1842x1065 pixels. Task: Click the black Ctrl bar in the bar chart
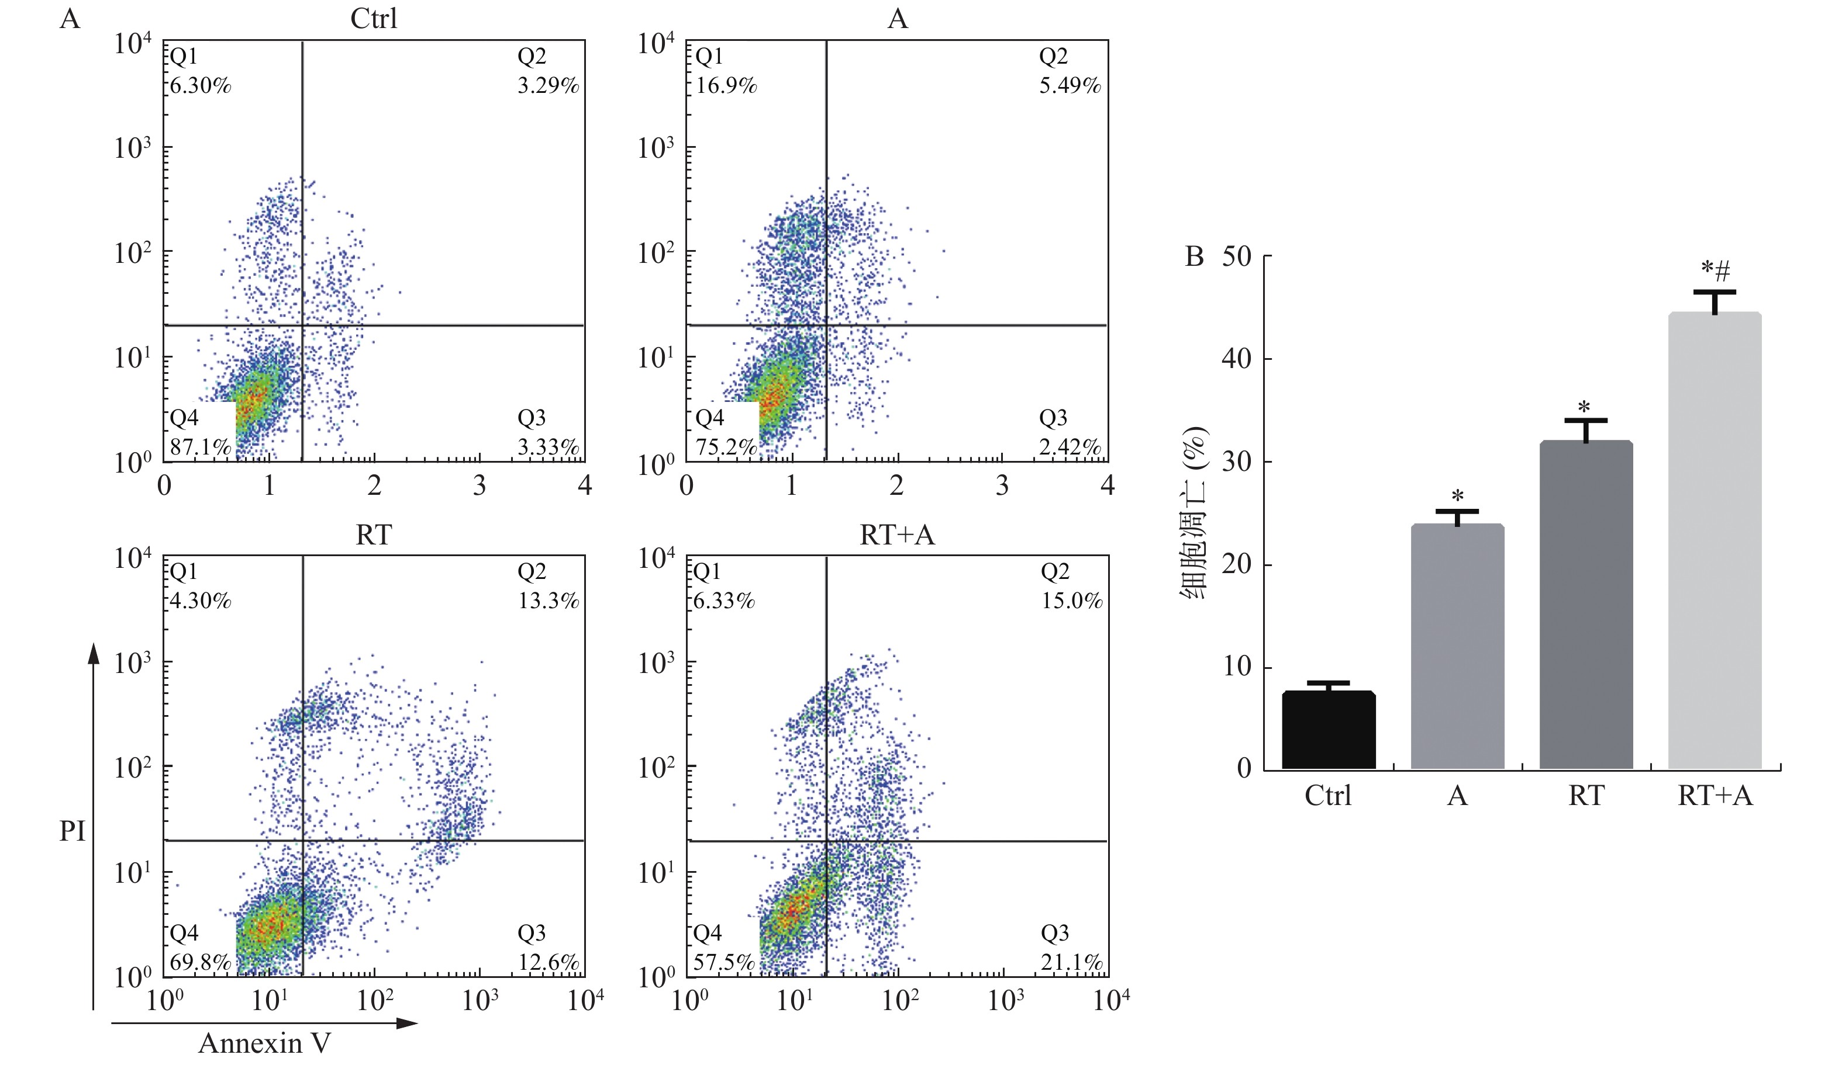tap(1328, 730)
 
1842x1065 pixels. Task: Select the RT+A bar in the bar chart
tap(1715, 540)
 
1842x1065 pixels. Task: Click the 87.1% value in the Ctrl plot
tap(200, 447)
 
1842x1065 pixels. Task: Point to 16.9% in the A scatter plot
tap(726, 86)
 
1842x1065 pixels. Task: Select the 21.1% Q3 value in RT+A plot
tap(1071, 963)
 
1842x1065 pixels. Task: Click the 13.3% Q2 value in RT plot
tap(549, 601)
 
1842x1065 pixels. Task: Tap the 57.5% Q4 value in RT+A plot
tap(724, 963)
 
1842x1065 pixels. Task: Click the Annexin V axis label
tap(264, 1043)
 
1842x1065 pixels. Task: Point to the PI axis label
tap(73, 831)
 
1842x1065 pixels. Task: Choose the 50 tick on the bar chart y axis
tap(1237, 256)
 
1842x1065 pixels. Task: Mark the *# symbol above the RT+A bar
tap(1715, 270)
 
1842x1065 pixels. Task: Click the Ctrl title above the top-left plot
tap(374, 18)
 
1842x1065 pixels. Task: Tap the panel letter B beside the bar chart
tap(1193, 257)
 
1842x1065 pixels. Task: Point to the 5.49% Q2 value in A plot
tap(1070, 86)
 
